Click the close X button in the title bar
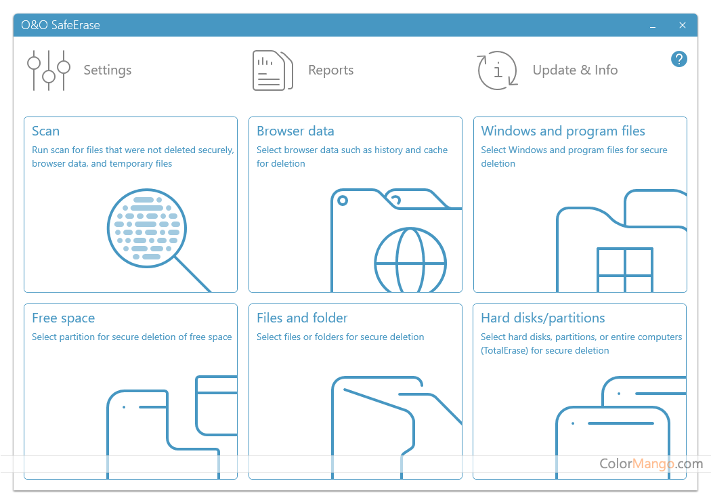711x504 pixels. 682,25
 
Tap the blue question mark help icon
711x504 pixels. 678,59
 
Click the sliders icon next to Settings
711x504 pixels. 49,70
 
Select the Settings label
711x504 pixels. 108,70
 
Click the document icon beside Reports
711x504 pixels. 272,70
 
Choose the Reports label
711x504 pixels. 331,70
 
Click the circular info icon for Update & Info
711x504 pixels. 498,70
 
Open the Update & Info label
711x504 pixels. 575,70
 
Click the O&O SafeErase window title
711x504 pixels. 60,25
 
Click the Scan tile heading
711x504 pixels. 45,131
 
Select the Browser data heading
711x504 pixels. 295,131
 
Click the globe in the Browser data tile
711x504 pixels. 410,260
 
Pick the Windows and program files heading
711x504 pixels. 563,131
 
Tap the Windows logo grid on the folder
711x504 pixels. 625,270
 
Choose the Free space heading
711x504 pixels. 63,318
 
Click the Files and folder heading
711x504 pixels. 302,318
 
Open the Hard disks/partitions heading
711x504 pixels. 543,318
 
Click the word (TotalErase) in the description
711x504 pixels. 504,350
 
